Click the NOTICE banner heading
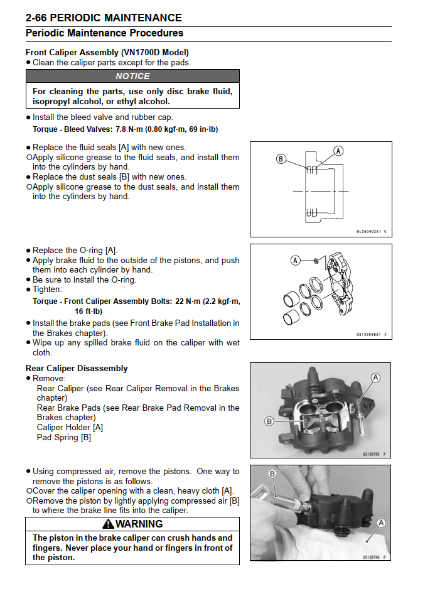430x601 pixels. tap(132, 76)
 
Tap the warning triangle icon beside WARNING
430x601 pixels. tap(107, 524)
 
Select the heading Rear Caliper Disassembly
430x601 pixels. tap(77, 369)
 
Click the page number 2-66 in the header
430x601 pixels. tap(40, 18)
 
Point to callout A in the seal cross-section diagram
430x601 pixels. tap(338, 151)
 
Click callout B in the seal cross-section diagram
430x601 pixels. tap(281, 159)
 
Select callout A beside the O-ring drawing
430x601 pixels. tap(295, 260)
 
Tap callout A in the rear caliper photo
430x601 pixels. tap(375, 377)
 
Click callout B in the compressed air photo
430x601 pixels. tap(272, 474)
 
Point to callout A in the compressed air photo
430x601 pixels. tap(381, 522)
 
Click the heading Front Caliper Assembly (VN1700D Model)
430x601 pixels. tap(107, 53)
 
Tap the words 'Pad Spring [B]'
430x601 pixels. tap(64, 438)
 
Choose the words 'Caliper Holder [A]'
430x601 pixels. tap(70, 428)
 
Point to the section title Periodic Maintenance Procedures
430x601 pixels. tap(104, 33)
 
